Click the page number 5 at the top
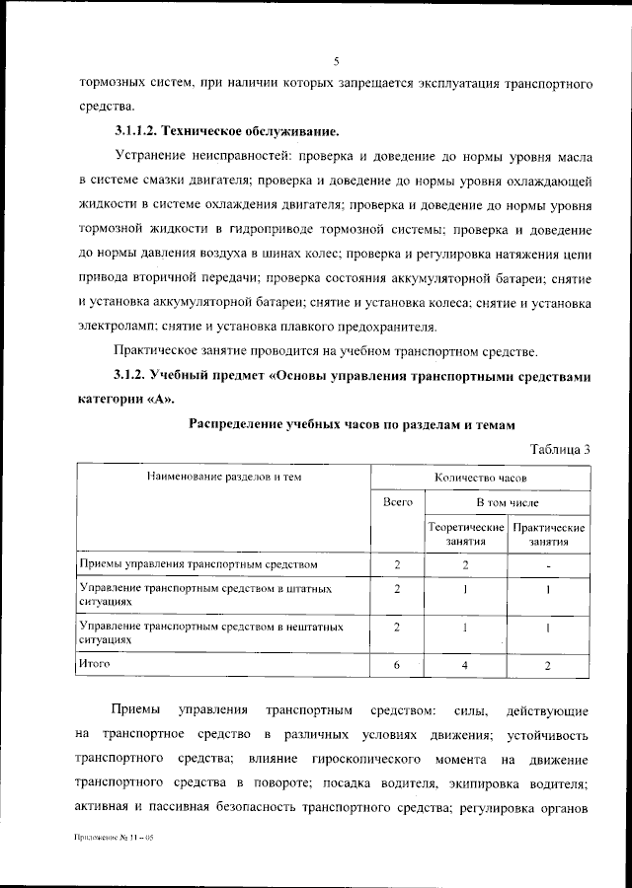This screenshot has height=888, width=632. [336, 61]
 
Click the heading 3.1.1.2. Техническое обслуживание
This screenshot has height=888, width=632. [227, 130]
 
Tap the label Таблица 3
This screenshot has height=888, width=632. [560, 449]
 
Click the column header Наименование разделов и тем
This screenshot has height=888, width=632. [224, 477]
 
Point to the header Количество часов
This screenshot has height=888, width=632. [480, 477]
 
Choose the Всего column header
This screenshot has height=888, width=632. [397, 502]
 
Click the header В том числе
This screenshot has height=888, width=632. [508, 502]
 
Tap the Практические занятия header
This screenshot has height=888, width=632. [549, 534]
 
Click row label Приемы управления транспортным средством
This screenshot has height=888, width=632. [198, 564]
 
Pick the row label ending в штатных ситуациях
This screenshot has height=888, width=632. [204, 593]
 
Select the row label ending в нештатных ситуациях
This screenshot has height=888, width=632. [210, 631]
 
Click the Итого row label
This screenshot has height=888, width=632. [95, 664]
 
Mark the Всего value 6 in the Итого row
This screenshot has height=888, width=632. [396, 666]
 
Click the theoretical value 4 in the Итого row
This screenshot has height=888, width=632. [466, 666]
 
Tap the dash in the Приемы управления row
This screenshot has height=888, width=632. [548, 565]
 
